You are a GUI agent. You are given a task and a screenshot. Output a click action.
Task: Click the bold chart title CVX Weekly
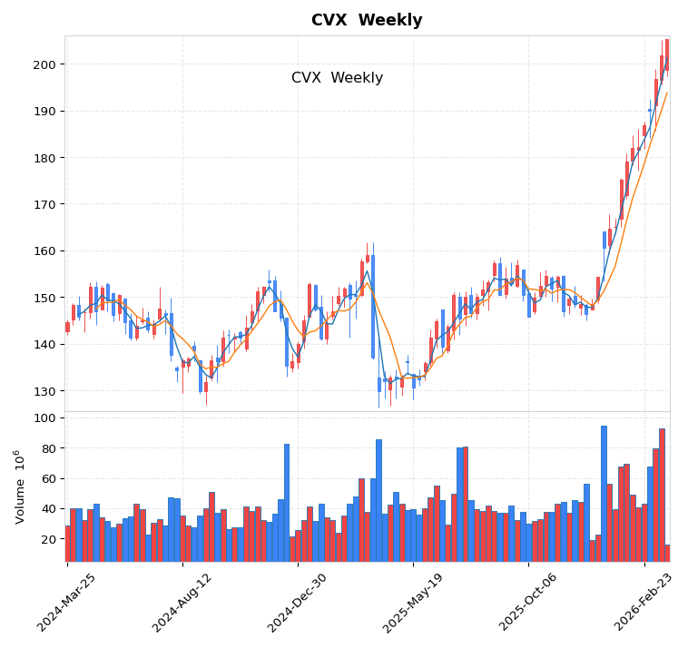click(x=367, y=20)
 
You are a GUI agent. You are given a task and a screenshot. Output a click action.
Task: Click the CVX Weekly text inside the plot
click(x=337, y=78)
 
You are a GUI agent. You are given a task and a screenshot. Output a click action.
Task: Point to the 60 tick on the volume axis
click(x=48, y=478)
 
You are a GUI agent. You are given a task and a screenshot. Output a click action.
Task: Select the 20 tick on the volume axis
click(x=48, y=539)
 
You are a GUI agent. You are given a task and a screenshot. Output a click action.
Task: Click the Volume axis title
click(x=19, y=486)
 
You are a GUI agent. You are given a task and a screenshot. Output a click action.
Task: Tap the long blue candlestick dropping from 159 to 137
click(x=373, y=307)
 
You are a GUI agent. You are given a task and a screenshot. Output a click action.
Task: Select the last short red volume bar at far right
click(x=667, y=553)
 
